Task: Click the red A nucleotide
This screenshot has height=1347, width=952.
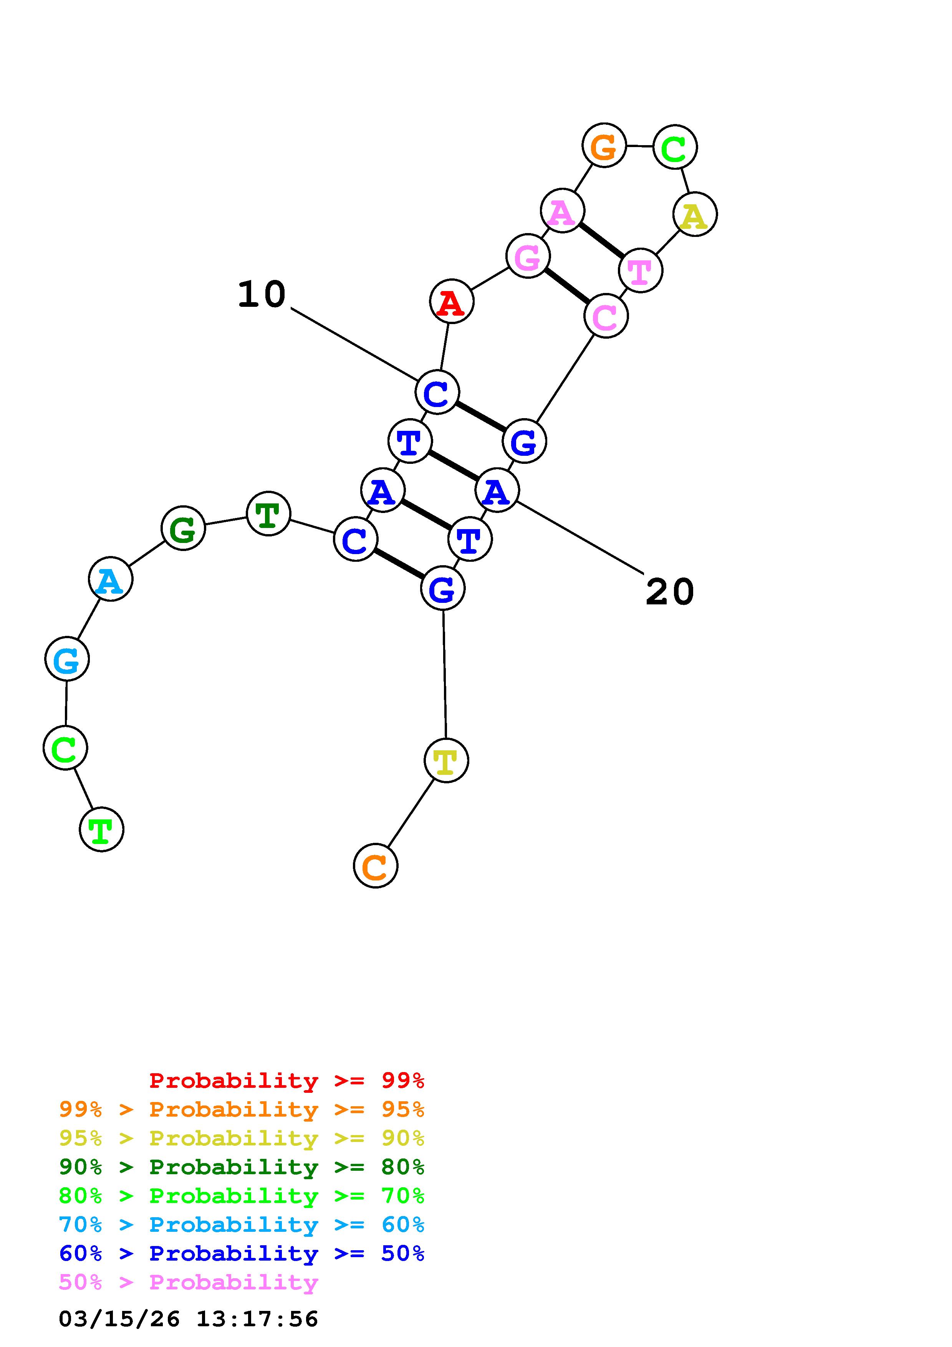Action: [x=451, y=301]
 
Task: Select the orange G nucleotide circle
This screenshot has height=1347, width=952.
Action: [x=604, y=146]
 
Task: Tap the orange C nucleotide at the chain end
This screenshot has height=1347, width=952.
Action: [x=376, y=865]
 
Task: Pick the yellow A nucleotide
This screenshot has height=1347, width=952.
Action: [x=695, y=214]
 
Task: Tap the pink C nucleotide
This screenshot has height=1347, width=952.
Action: [x=606, y=316]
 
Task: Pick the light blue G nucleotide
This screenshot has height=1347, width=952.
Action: [x=67, y=659]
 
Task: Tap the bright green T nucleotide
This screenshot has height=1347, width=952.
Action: [x=101, y=829]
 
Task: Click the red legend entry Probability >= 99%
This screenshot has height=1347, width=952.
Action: [x=287, y=1081]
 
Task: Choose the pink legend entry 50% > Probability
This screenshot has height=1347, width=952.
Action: [x=188, y=1282]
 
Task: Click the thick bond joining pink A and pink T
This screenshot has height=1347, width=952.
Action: [x=602, y=240]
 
